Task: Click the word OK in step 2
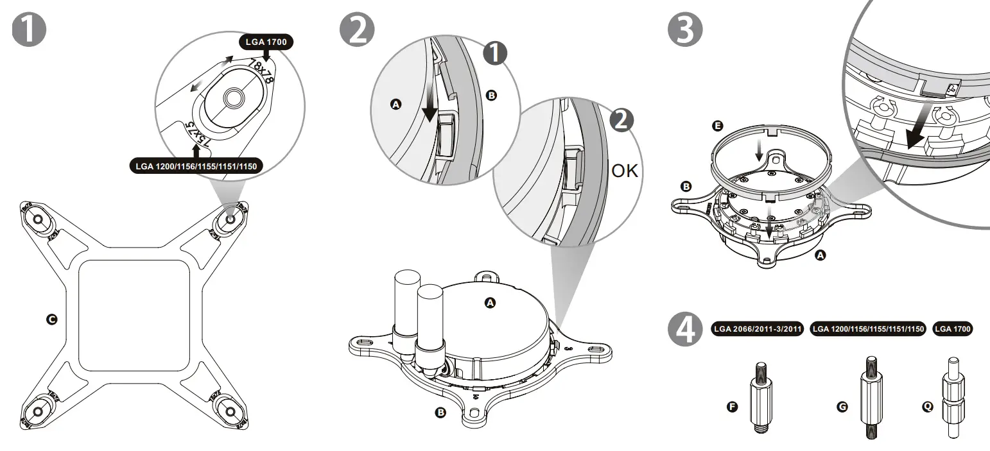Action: [625, 171]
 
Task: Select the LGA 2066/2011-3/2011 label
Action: [758, 329]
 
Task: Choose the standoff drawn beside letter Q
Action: [952, 398]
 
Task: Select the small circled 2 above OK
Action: [620, 121]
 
